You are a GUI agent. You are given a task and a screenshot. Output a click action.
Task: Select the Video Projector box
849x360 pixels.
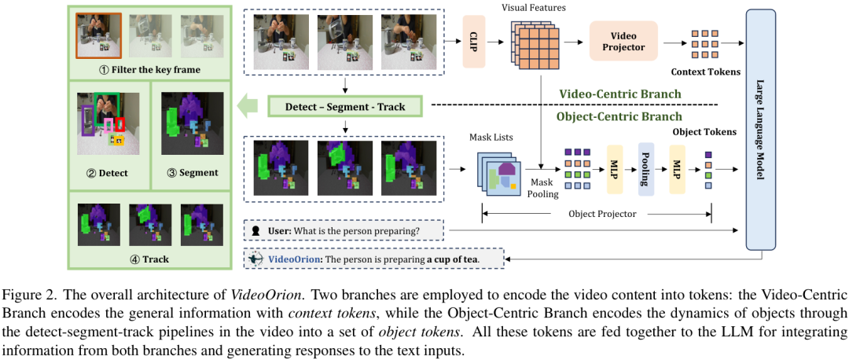pos(623,42)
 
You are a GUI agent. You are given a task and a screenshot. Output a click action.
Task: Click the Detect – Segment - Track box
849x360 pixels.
pos(344,105)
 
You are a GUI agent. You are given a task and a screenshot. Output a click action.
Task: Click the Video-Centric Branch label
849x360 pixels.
pos(619,94)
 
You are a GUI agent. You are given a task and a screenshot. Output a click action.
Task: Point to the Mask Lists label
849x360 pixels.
pos(493,138)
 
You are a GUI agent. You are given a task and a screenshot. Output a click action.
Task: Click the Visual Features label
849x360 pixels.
pos(533,7)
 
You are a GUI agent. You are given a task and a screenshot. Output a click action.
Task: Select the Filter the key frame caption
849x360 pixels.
pos(149,70)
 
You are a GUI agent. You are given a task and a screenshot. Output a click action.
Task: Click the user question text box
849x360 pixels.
pos(344,231)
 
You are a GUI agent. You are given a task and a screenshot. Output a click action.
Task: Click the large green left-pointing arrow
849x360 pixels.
pos(250,105)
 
